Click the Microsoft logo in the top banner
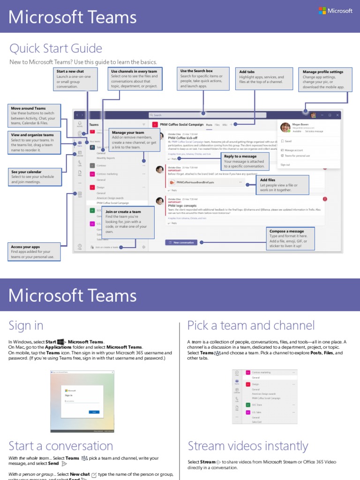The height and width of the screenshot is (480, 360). tap(335, 11)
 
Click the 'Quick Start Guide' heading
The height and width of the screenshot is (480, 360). tap(55, 48)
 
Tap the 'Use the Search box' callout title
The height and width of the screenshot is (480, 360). tap(196, 71)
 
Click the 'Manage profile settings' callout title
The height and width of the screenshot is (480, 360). tap(323, 72)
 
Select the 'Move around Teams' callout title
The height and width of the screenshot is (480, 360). tap(28, 108)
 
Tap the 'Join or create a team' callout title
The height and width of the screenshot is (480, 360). tap(123, 212)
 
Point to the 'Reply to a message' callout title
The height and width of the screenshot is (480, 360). tap(240, 156)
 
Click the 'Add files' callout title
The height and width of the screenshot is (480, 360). tap(268, 180)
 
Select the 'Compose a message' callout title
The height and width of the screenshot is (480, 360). tap(286, 231)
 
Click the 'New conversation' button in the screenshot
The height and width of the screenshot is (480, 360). tap(181, 243)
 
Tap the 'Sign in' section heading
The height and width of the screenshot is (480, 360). tap(26, 325)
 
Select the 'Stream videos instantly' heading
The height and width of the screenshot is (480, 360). tap(248, 445)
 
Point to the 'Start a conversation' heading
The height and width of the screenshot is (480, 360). tap(61, 445)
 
